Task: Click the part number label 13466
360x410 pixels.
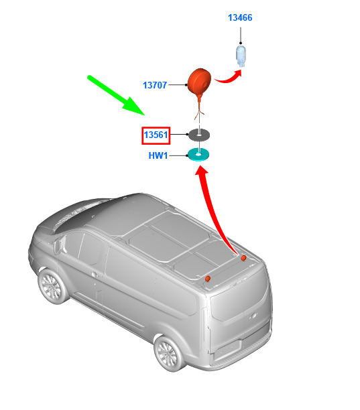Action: pos(240,17)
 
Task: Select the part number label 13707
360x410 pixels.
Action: pos(155,85)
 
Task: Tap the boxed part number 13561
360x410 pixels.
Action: pos(156,135)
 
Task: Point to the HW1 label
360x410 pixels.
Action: pos(158,155)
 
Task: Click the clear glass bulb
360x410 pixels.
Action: pos(241,56)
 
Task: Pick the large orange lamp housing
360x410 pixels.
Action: pos(199,82)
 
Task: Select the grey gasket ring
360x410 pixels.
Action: pos(199,135)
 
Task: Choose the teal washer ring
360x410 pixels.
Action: pos(198,154)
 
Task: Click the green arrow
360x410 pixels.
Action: pos(116,95)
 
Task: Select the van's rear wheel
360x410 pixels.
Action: pos(168,353)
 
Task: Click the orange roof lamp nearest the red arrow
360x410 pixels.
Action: pos(243,258)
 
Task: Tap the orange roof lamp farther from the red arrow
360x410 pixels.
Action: pos(207,279)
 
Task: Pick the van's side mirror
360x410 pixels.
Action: pos(56,247)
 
